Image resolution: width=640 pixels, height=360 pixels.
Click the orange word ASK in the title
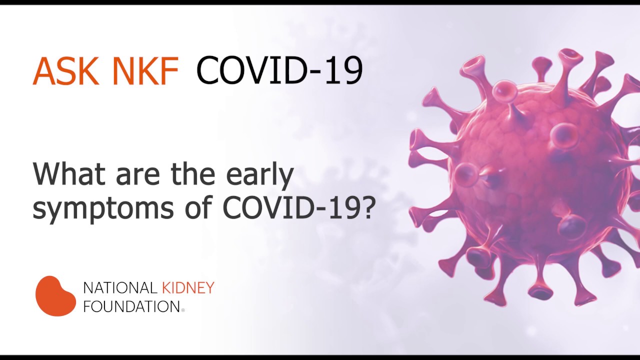(66, 71)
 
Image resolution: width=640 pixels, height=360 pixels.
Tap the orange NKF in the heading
(145, 71)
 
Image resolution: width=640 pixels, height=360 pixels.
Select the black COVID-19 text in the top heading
(279, 70)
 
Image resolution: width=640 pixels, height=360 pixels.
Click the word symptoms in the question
(103, 208)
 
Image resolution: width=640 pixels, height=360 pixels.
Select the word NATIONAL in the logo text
(120, 288)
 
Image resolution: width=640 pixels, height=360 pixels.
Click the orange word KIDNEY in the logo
(188, 287)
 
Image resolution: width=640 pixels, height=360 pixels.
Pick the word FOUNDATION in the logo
(131, 306)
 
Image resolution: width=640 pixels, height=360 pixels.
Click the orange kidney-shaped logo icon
(55, 296)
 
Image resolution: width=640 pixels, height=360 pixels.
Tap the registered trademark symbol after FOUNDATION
(183, 310)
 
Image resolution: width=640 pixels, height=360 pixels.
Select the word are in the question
(137, 176)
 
